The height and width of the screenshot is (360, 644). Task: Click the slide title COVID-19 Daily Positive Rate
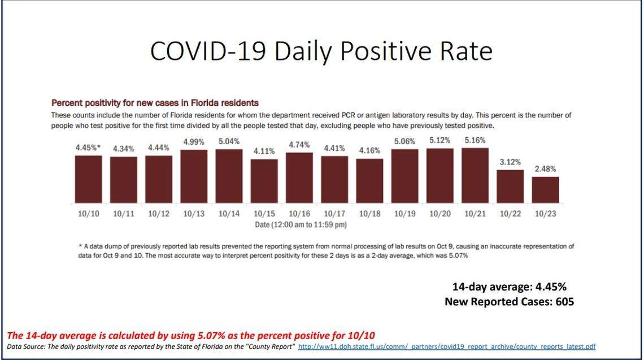(x=321, y=51)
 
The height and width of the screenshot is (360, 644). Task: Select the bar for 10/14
(x=229, y=176)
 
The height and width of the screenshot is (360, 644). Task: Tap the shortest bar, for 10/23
(x=545, y=190)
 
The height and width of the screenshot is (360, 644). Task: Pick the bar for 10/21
(x=475, y=175)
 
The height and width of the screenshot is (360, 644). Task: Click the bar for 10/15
(x=264, y=181)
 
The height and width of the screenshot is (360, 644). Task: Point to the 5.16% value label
(x=475, y=140)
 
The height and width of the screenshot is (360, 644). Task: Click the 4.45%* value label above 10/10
(x=89, y=148)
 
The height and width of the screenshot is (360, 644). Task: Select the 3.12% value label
(x=510, y=162)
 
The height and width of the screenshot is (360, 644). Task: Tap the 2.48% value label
(x=545, y=168)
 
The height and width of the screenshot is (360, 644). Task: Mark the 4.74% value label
(x=299, y=145)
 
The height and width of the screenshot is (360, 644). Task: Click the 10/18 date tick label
(x=369, y=214)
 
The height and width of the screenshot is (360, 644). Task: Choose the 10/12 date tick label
(x=159, y=214)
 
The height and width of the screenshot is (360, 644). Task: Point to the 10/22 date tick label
(x=510, y=214)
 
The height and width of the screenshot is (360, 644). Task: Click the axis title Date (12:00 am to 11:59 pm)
(x=299, y=224)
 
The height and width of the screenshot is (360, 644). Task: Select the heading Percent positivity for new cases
(x=155, y=103)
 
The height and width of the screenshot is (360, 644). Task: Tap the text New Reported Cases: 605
(x=509, y=301)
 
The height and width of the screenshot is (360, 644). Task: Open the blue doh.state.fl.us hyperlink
(x=446, y=346)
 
